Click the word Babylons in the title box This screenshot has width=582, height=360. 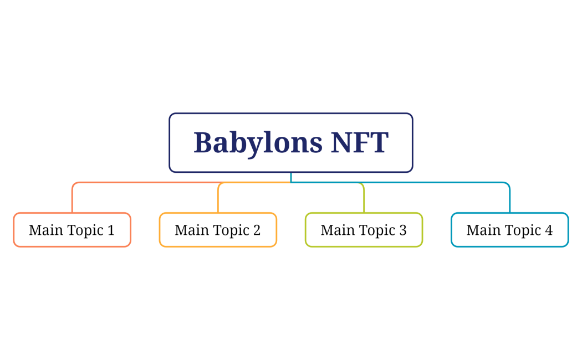(258, 143)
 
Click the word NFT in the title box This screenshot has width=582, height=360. (359, 142)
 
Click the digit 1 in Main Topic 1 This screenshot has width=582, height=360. (111, 230)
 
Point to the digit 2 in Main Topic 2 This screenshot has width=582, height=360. (257, 230)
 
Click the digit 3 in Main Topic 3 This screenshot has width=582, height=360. (403, 230)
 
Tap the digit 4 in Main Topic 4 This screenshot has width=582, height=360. (549, 230)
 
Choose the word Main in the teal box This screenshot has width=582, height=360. (481, 230)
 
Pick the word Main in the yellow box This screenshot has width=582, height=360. (189, 230)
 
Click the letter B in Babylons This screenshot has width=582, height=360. (203, 142)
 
